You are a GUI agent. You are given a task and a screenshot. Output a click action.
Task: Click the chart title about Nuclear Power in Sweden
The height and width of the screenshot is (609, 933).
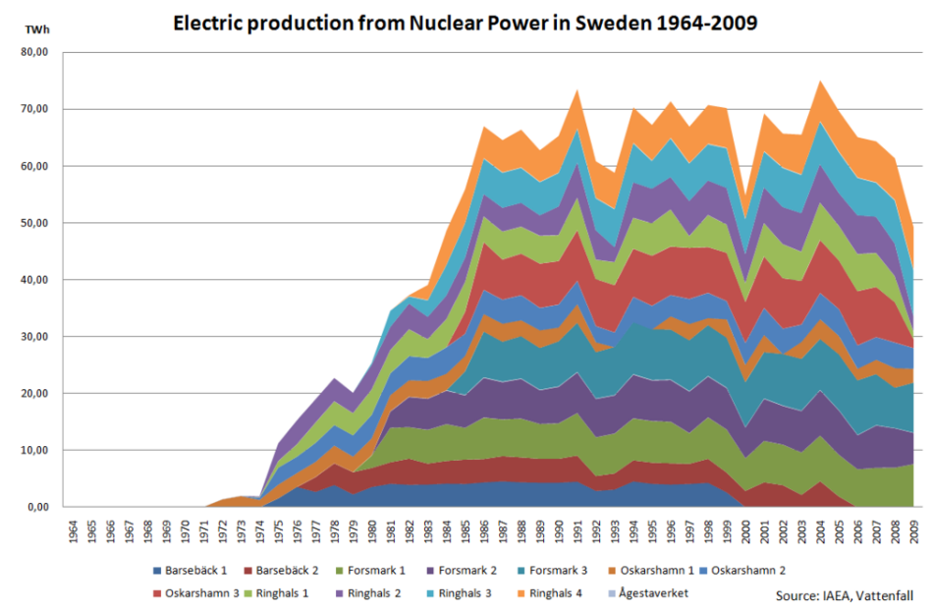466,22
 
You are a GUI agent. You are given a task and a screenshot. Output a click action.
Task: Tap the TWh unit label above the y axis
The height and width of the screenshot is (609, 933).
35,30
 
